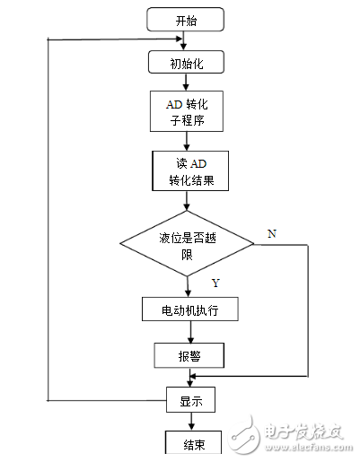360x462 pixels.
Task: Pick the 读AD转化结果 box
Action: [x=189, y=170]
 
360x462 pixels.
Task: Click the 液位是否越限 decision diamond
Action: [x=189, y=244]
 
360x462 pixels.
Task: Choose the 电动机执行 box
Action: [x=189, y=309]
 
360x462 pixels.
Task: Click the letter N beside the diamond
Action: [x=271, y=233]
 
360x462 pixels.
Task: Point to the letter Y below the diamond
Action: [x=215, y=283]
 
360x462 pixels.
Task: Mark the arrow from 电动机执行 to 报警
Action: [x=189, y=332]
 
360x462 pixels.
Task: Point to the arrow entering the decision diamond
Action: [x=189, y=201]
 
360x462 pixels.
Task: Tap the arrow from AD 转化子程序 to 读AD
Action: [x=187, y=141]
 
